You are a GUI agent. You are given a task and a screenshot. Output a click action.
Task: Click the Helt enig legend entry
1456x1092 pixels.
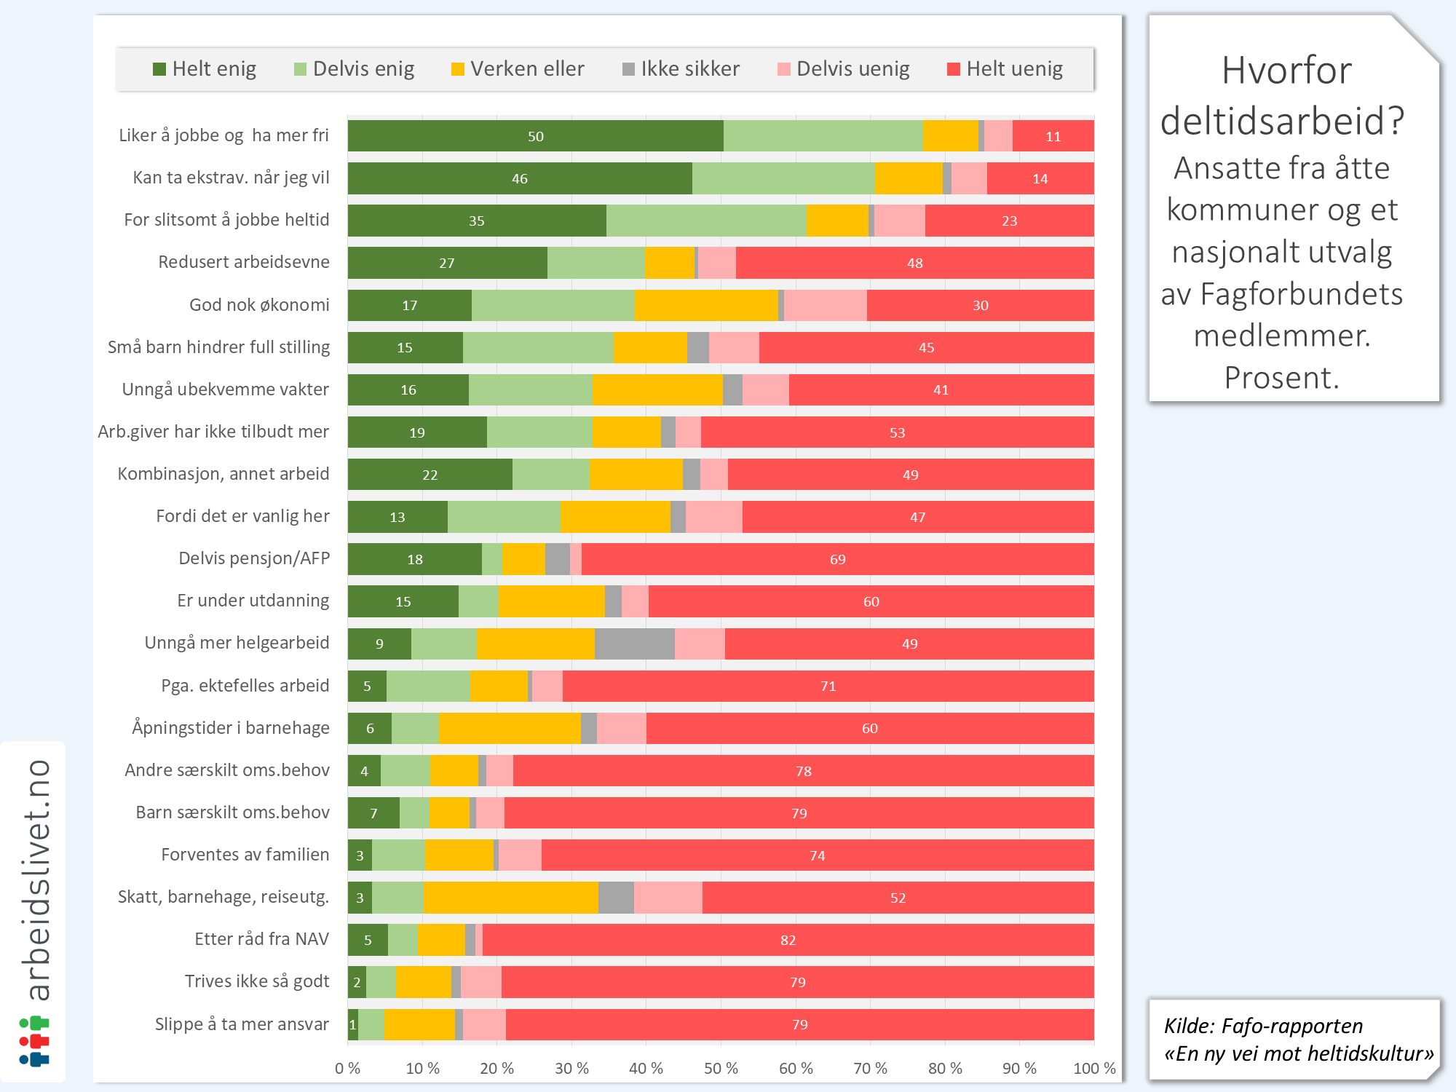[205, 69]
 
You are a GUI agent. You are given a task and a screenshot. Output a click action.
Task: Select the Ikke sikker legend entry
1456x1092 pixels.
[681, 69]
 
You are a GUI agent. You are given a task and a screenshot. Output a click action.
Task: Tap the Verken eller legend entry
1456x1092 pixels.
[518, 69]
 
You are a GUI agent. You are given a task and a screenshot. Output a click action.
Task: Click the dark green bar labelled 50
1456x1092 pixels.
[535, 136]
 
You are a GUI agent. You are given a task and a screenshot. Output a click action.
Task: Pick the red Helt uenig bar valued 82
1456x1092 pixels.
[788, 940]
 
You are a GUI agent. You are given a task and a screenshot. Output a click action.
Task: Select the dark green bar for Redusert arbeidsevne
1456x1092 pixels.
[447, 263]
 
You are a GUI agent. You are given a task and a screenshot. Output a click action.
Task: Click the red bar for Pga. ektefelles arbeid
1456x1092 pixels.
[828, 686]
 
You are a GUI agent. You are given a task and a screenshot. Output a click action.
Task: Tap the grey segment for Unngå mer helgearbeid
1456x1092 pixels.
[634, 644]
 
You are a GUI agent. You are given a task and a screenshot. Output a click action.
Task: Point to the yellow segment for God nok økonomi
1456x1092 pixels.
[705, 305]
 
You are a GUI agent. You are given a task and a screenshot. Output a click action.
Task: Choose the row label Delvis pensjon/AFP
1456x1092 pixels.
[254, 558]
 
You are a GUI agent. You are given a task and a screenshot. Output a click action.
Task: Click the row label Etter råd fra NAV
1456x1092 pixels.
[261, 939]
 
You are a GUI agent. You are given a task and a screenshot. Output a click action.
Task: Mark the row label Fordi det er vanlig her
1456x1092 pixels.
[242, 516]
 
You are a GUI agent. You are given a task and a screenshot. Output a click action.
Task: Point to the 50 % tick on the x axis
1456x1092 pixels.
[721, 1068]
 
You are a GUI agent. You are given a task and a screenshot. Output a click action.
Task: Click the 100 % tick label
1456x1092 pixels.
[1094, 1068]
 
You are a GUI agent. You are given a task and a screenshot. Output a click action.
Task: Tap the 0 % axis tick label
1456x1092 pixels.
[348, 1068]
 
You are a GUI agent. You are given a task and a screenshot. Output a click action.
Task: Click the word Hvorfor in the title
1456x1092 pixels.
[1286, 71]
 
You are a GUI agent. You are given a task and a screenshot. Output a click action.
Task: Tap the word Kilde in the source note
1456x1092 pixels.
[1187, 1026]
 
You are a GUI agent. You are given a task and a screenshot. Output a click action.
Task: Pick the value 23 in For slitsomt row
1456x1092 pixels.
[1009, 221]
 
